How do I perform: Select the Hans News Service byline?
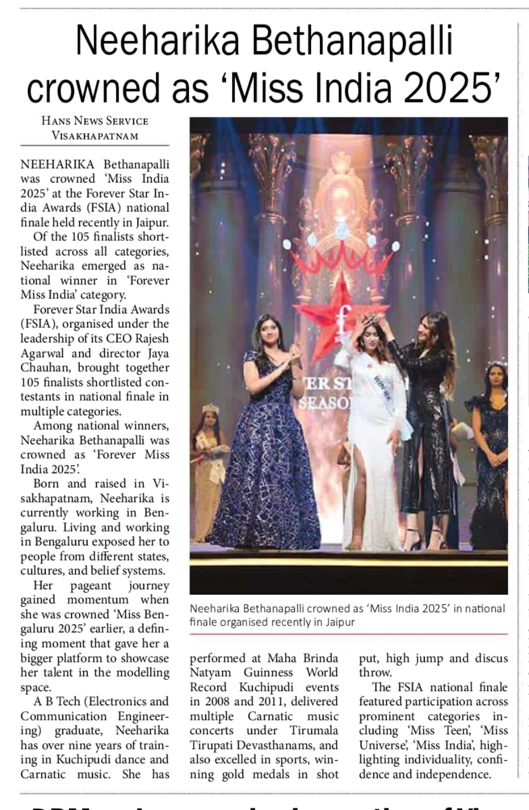pyautogui.click(x=95, y=121)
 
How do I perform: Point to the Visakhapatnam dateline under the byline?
pyautogui.click(x=95, y=136)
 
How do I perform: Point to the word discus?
pyautogui.click(x=491, y=658)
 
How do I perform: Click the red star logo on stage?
pyautogui.click(x=349, y=308)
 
